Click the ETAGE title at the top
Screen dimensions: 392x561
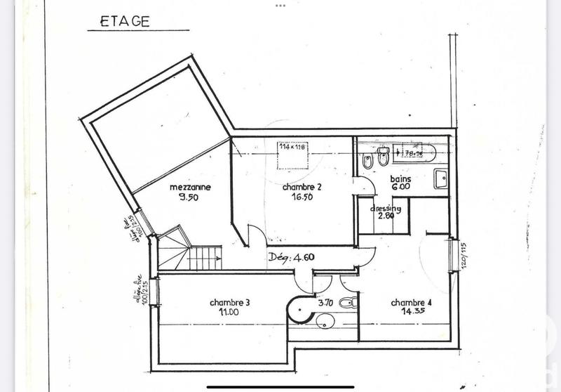[126, 20]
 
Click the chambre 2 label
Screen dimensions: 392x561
[302, 188]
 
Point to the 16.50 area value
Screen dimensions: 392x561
[302, 198]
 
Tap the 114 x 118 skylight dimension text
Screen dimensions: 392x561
[292, 147]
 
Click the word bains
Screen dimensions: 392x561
[400, 179]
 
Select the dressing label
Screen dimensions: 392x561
[386, 209]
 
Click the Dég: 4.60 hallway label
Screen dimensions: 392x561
[291, 256]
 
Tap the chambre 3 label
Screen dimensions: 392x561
[229, 302]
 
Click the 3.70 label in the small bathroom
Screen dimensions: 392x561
[324, 303]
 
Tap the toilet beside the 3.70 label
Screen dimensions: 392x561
[346, 302]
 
